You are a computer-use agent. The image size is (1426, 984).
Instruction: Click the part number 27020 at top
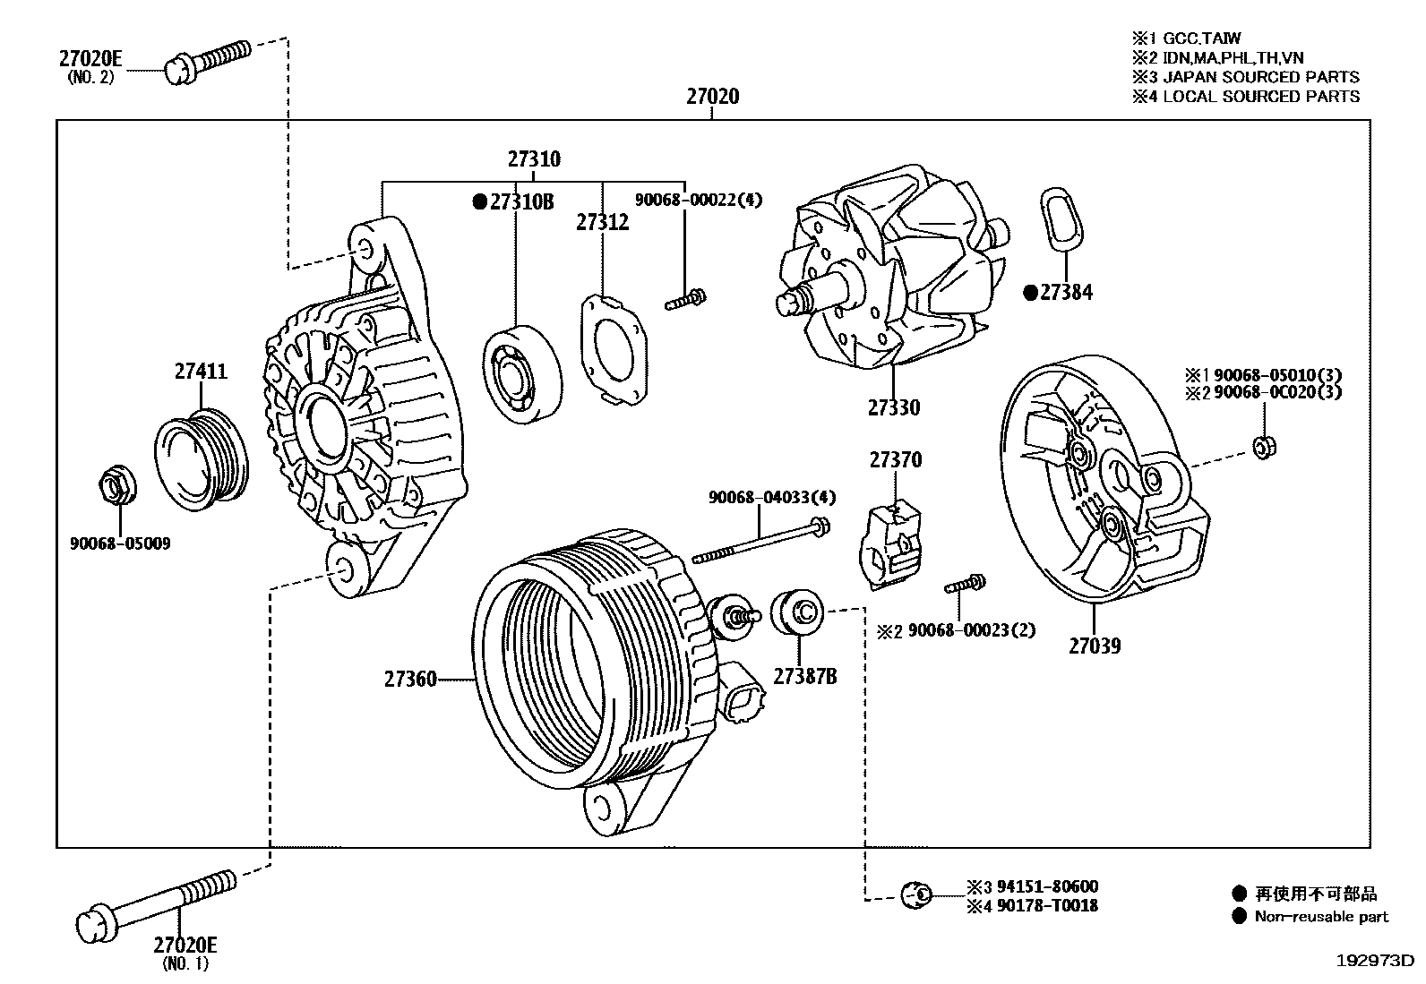click(x=712, y=96)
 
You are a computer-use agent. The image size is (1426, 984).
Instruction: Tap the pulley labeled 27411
click(x=206, y=459)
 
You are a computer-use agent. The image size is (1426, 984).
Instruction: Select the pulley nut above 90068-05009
click(x=115, y=486)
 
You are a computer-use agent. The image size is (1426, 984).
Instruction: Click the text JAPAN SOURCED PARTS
click(x=1260, y=77)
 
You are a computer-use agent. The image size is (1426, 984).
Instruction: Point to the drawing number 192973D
click(x=1374, y=961)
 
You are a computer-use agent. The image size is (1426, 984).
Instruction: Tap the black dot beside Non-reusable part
click(x=1239, y=916)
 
